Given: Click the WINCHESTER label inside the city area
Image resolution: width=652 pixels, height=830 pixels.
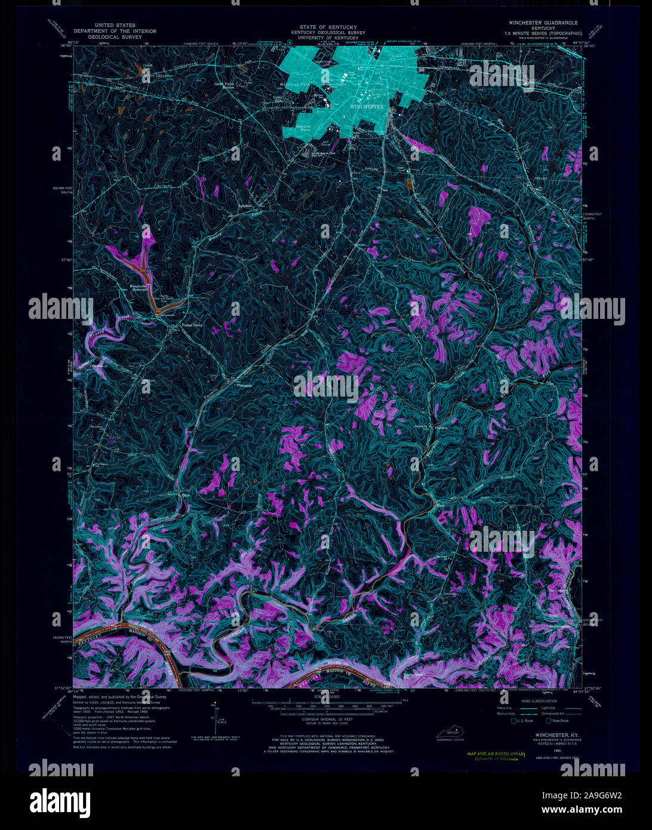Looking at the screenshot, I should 367,106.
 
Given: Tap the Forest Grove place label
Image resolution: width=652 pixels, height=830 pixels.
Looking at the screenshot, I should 193,326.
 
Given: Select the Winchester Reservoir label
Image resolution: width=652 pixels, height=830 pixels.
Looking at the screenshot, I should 139,288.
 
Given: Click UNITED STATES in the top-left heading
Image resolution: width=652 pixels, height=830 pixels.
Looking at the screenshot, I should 114,26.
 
